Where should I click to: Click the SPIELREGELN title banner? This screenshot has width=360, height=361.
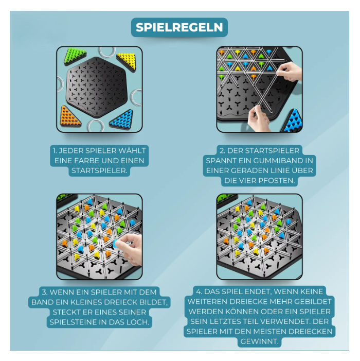tap(179, 27)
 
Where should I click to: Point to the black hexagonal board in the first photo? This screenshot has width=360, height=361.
tap(98, 88)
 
